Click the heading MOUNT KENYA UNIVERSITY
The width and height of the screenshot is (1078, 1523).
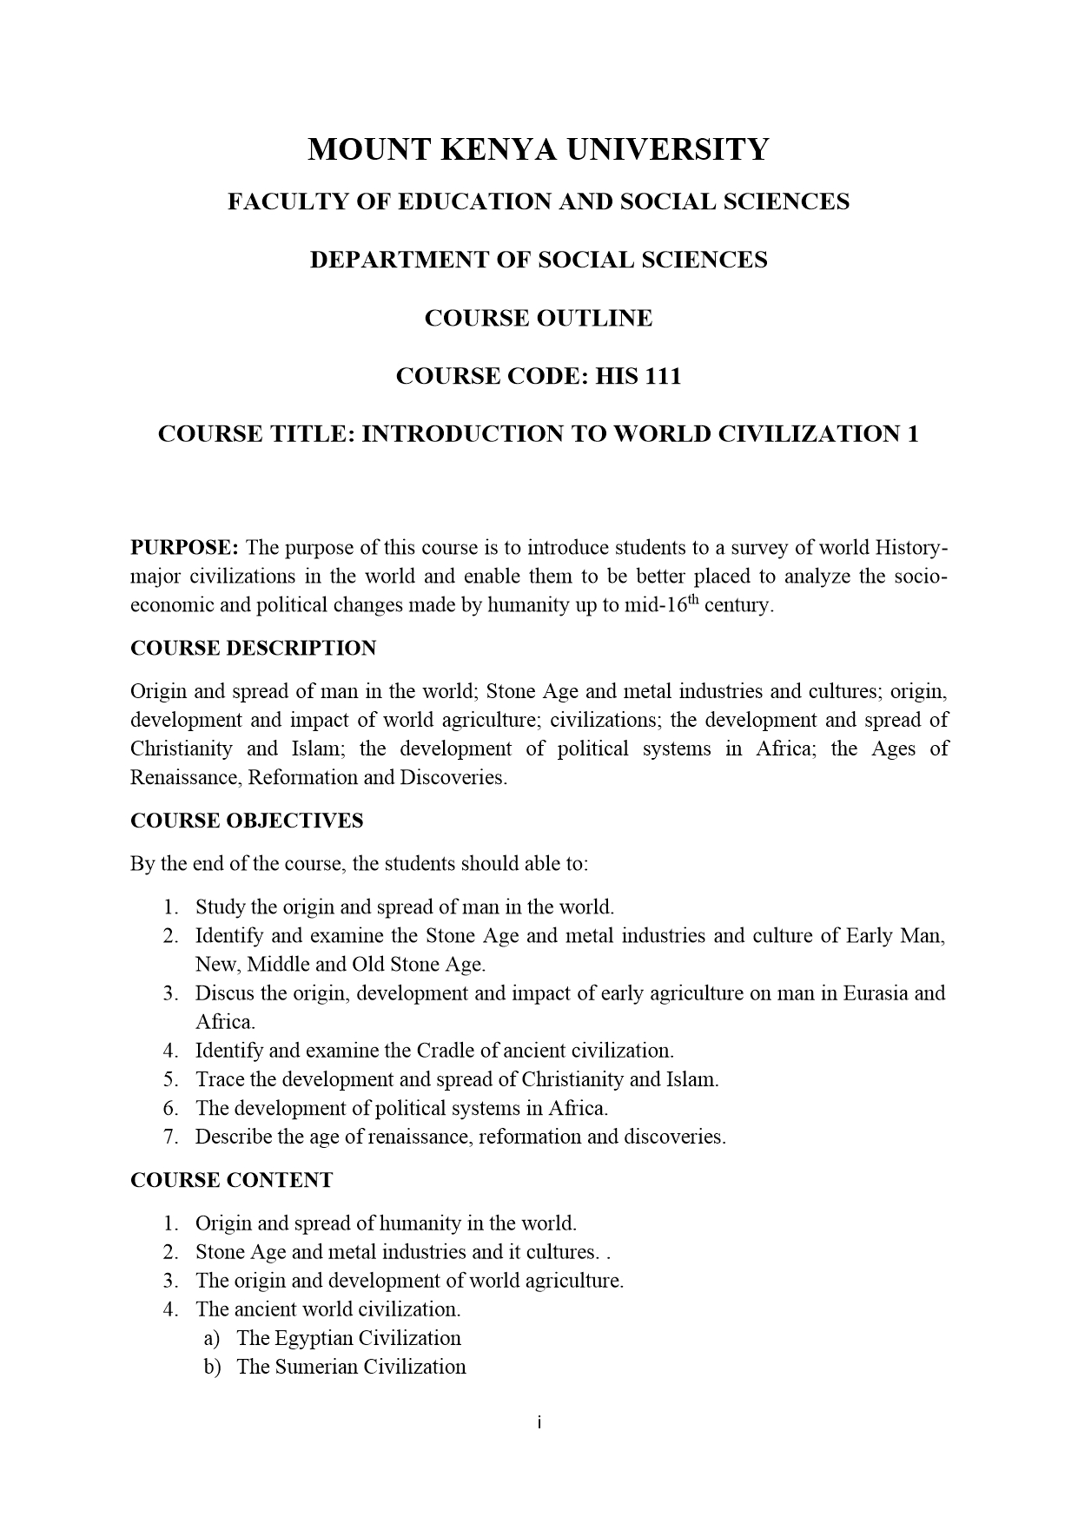click(539, 149)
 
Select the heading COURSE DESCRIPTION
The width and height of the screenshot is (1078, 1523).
click(253, 649)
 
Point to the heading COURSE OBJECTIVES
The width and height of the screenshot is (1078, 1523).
click(247, 821)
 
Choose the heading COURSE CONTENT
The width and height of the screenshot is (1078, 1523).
click(231, 1180)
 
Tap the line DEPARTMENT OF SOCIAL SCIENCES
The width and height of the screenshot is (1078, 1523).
click(539, 260)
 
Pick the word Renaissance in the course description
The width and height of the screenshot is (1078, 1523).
click(185, 777)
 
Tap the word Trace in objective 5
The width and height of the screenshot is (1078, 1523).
click(219, 1079)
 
